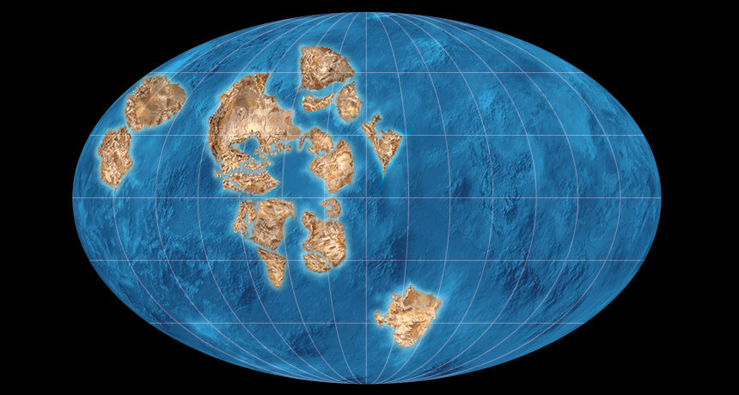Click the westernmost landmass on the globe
pos(113,157)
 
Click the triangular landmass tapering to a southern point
pos(382,142)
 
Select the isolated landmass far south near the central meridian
pos(408,314)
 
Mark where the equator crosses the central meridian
pos(368,198)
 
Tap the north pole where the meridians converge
pos(368,13)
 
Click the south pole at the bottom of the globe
pos(368,383)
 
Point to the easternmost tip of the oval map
pos(660,198)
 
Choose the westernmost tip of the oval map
pos(74,198)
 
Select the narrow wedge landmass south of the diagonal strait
pos(274,266)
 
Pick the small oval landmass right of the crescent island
pos(349,100)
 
